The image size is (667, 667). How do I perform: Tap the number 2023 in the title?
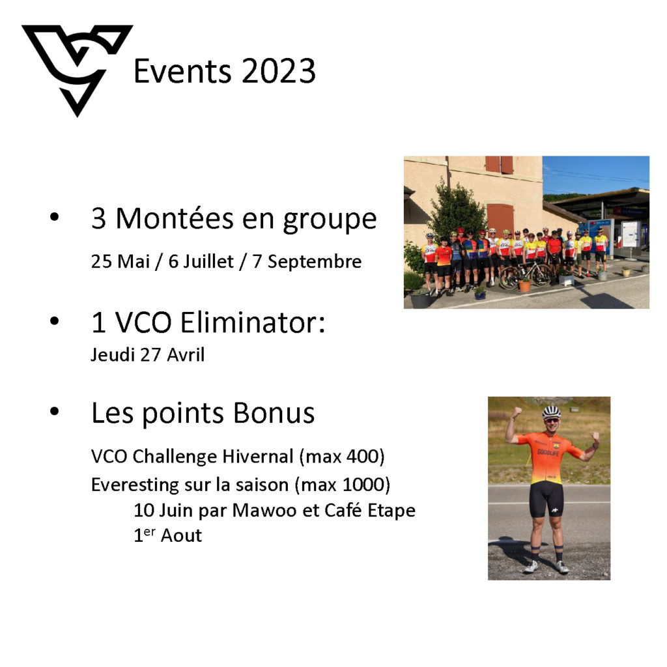click(x=279, y=71)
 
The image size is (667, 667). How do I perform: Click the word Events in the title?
click(x=183, y=71)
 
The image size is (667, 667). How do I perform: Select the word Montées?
click(x=175, y=218)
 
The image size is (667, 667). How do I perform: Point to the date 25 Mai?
click(x=121, y=261)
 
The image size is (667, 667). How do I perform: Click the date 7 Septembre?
click(x=307, y=262)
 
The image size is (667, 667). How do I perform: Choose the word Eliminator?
click(x=253, y=322)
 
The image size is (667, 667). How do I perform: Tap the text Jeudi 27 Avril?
click(x=148, y=355)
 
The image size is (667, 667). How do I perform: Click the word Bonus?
click(x=274, y=412)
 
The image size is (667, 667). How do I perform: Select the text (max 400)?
click(x=342, y=457)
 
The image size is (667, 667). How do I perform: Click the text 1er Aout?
click(x=167, y=535)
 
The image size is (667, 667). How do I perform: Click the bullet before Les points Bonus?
click(x=55, y=412)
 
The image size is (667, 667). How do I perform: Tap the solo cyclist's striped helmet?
click(x=551, y=412)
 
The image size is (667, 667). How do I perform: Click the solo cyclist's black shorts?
click(x=547, y=498)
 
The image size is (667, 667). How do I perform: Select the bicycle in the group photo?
click(x=526, y=274)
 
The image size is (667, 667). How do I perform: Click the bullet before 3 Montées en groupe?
click(x=55, y=217)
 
